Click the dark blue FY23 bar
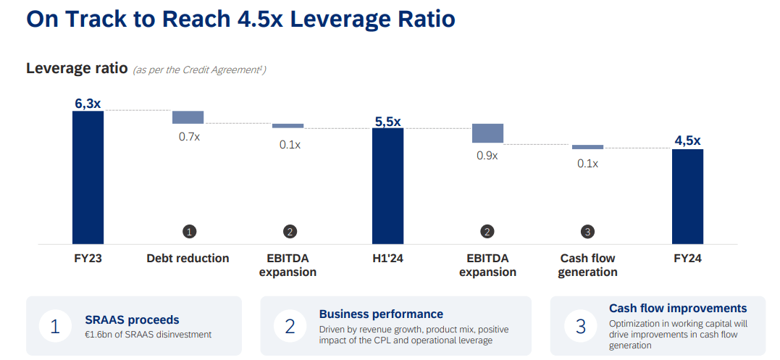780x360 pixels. click(88, 177)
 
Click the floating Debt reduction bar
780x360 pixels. click(188, 117)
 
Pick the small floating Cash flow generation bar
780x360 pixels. click(587, 147)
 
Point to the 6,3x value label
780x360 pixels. click(88, 104)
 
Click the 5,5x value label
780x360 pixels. click(387, 122)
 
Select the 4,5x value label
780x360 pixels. click(687, 141)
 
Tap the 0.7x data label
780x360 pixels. click(189, 136)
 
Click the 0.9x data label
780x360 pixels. click(487, 155)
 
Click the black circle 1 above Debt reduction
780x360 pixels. click(189, 232)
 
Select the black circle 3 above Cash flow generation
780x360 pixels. click(587, 232)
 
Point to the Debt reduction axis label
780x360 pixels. click(188, 258)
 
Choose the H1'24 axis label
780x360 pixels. click(387, 258)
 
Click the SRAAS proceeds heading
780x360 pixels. click(132, 319)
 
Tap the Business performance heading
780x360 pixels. click(381, 314)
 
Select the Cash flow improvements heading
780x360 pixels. click(678, 309)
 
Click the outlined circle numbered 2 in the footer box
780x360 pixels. click(290, 327)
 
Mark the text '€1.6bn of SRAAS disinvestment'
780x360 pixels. click(148, 334)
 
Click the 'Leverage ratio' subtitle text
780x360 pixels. click(77, 68)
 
